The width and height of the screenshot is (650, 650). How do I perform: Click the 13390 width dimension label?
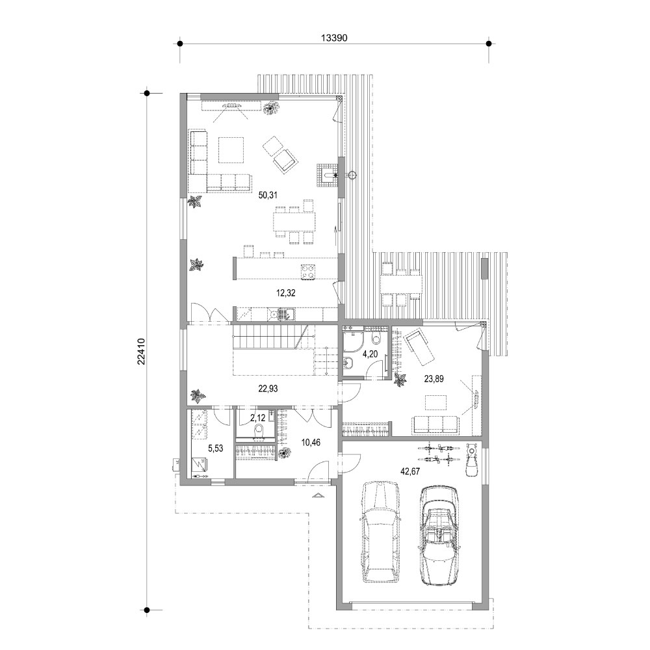(333, 38)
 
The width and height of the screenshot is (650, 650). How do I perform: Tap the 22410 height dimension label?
(141, 352)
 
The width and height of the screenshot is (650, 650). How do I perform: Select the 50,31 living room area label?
(268, 195)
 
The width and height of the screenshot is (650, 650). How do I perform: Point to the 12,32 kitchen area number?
(285, 293)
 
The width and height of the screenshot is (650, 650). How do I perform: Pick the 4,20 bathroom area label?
(370, 354)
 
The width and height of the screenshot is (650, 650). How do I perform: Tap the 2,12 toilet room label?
(257, 418)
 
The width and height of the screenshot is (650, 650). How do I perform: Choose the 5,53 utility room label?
(215, 448)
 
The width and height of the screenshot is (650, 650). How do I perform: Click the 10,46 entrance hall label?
(311, 443)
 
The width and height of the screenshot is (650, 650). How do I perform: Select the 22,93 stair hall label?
(268, 389)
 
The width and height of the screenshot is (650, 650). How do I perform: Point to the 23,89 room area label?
(434, 378)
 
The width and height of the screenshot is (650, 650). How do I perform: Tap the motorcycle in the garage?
(473, 460)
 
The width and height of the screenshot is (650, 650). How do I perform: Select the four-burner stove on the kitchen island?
(307, 271)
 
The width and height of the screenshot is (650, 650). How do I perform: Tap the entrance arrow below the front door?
(318, 495)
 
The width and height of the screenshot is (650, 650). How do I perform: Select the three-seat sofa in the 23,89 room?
(436, 426)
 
